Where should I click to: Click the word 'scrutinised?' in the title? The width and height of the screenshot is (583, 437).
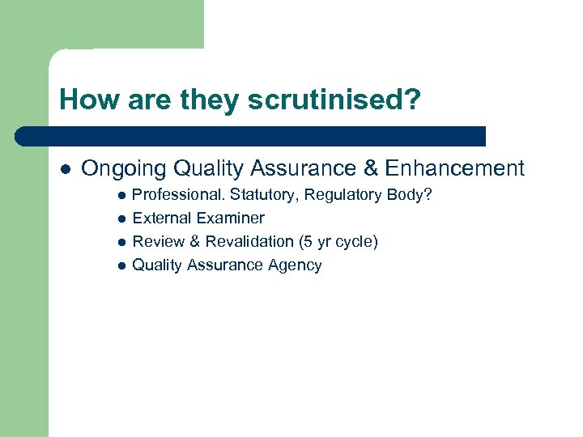click(334, 100)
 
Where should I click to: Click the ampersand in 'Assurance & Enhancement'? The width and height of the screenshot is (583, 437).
click(371, 168)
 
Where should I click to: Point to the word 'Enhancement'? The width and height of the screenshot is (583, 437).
click(455, 168)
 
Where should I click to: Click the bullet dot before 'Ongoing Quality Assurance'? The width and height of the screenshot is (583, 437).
click(65, 169)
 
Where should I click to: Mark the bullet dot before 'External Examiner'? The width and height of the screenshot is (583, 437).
click(121, 218)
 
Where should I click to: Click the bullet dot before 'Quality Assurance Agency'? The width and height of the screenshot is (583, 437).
click(121, 265)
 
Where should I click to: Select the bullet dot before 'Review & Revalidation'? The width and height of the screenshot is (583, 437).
click(121, 242)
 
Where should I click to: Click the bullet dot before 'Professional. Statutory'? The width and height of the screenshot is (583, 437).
click(121, 196)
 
